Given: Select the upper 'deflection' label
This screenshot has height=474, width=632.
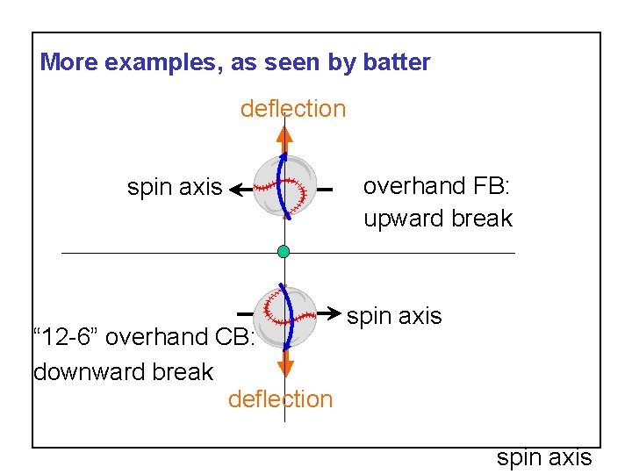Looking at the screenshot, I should [x=293, y=109].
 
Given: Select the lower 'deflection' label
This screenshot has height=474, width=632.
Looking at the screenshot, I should [x=280, y=399].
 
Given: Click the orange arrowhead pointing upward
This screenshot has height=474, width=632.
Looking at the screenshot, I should [x=284, y=136].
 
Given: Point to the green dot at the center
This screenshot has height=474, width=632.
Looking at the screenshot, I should [x=284, y=252].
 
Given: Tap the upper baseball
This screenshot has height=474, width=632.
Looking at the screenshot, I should [x=284, y=186].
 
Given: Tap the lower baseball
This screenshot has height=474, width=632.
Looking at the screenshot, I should [x=284, y=317].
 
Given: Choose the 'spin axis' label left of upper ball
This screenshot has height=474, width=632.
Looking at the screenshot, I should [x=175, y=187].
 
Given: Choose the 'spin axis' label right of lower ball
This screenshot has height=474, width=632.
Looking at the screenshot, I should [x=394, y=316].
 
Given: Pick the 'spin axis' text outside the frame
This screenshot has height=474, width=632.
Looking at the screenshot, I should [x=544, y=458].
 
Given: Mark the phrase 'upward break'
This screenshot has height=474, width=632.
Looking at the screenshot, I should [x=438, y=219].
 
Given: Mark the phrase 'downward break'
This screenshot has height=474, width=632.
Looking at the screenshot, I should [x=123, y=372].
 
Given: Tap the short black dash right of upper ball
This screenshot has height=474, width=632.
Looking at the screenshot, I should [x=325, y=190].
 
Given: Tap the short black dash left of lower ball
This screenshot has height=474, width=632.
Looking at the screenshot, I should [x=246, y=312].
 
